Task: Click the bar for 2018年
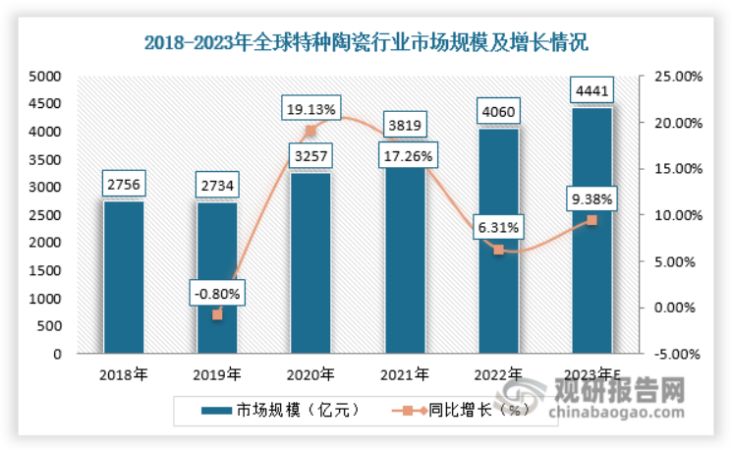click(x=124, y=277)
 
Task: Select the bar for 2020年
click(x=310, y=263)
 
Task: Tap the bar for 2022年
click(x=498, y=241)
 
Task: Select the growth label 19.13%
click(x=310, y=107)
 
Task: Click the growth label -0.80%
click(x=217, y=292)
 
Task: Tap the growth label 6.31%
click(x=498, y=227)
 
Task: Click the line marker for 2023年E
click(x=591, y=220)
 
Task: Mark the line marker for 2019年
click(x=217, y=314)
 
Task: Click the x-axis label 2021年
click(x=404, y=374)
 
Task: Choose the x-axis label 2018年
click(x=124, y=374)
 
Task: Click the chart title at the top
click(x=366, y=41)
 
